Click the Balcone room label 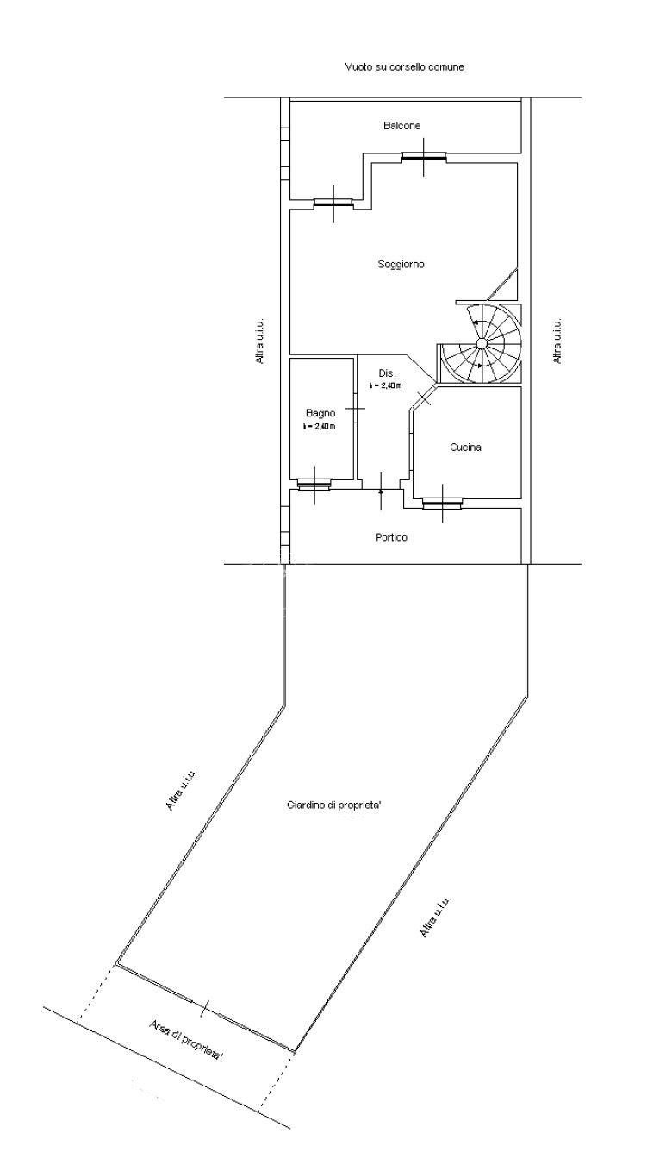(401, 126)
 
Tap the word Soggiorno (401, 265)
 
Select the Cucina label (465, 447)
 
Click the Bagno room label (320, 414)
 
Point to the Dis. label (388, 373)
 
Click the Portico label (391, 537)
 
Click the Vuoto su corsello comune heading (405, 67)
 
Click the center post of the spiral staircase (482, 343)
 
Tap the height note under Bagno (319, 427)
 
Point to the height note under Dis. (385, 385)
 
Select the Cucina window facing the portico (442, 503)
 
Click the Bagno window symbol (314, 485)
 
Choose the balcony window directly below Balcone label (424, 156)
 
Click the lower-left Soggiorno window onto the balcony (333, 204)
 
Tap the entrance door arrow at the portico (381, 491)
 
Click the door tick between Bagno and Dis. (356, 409)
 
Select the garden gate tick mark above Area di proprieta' (204, 1008)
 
